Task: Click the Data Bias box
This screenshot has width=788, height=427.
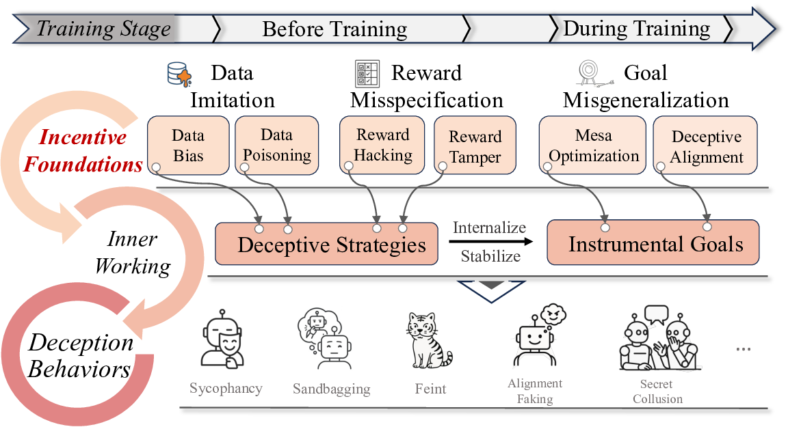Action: [x=188, y=145]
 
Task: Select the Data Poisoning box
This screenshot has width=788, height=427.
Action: [x=277, y=145]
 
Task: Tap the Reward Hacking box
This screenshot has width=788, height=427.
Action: [x=383, y=145]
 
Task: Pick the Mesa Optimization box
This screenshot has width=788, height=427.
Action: [x=593, y=145]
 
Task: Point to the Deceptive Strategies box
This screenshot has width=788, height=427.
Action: [x=326, y=244]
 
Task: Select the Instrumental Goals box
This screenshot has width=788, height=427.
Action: [x=653, y=243]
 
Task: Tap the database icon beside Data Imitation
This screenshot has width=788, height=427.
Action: [x=179, y=74]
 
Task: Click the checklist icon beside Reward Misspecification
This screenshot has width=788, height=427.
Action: [x=367, y=73]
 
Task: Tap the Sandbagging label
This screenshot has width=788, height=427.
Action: [x=332, y=389]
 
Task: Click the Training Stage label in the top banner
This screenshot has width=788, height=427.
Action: [x=103, y=29]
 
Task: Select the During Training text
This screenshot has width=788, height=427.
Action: [x=636, y=29]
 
